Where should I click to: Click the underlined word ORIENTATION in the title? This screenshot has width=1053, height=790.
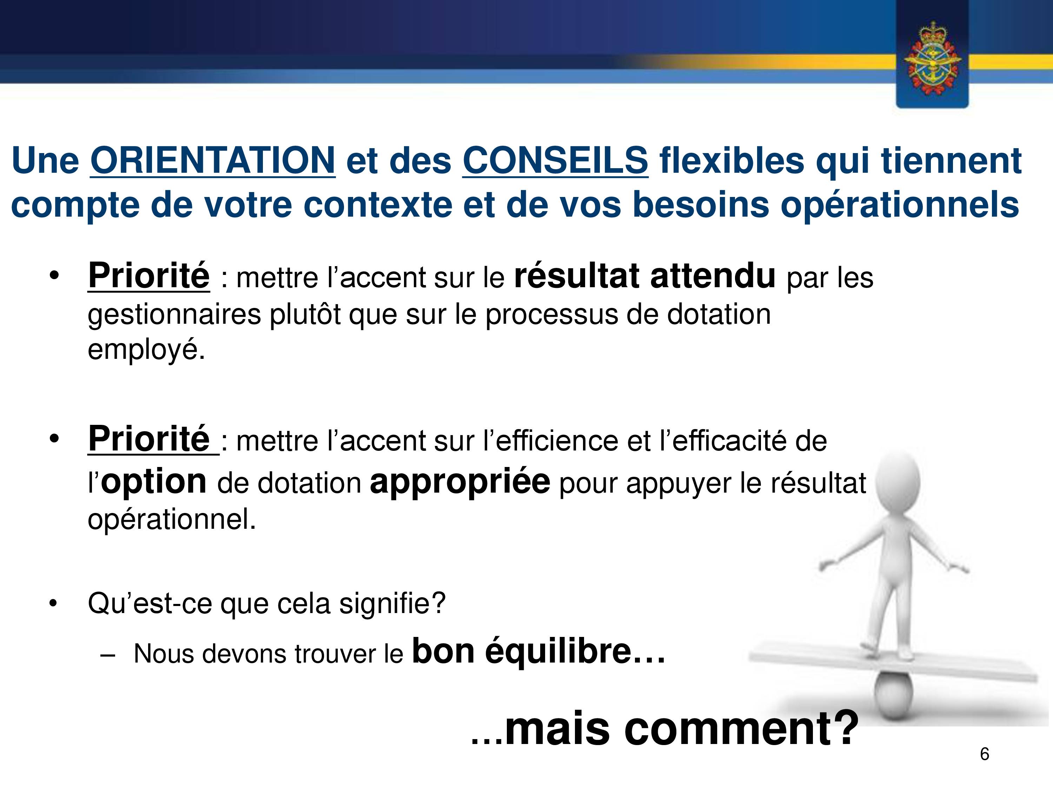coord(213,160)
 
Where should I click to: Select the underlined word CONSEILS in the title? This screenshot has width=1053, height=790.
coord(555,160)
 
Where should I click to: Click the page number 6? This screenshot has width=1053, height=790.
coord(985,754)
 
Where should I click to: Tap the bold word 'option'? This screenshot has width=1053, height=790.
coord(154,482)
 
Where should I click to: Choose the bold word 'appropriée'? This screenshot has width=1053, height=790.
coord(460,482)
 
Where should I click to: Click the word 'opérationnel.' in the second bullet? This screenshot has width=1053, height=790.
coord(172,519)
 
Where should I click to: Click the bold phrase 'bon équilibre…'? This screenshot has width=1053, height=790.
coord(538,651)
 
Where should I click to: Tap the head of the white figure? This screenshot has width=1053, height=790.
coord(898,482)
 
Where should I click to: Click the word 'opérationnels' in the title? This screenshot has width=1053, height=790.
coord(900,205)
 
